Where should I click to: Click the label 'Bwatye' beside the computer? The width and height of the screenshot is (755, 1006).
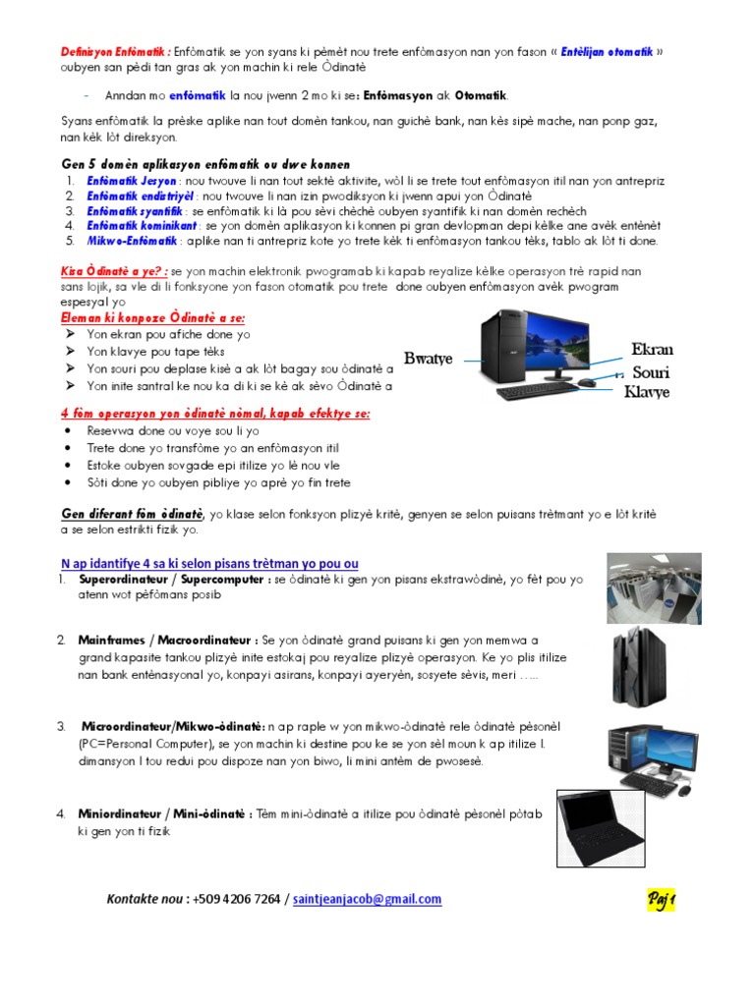point(428,359)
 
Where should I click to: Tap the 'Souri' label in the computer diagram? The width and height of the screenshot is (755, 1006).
point(650,372)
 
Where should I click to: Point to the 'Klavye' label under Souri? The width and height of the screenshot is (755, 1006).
point(647,392)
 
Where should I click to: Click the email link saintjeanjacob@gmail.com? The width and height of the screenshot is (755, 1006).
point(368,899)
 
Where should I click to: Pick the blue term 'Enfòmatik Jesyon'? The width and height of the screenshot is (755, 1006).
point(131,182)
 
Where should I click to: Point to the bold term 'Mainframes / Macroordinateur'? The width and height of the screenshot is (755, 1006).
point(168,640)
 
